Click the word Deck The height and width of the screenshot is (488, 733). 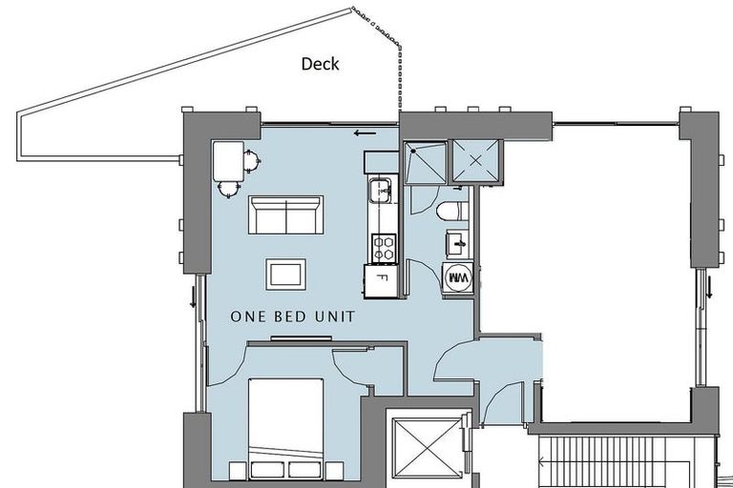[320, 65]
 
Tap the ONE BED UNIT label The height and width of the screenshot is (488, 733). [293, 316]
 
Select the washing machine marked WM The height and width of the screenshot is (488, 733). [458, 278]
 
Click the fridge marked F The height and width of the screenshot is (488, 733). [382, 281]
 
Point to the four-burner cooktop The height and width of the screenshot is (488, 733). [383, 249]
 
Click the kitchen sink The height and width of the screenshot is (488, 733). [382, 190]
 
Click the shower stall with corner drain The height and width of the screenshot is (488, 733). [424, 162]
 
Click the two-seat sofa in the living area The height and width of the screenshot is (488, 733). [285, 214]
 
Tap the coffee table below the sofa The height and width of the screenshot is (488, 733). [285, 274]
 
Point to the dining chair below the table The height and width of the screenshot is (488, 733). [228, 188]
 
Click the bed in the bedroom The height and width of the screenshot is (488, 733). [285, 428]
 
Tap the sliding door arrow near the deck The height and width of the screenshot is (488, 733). [363, 132]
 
